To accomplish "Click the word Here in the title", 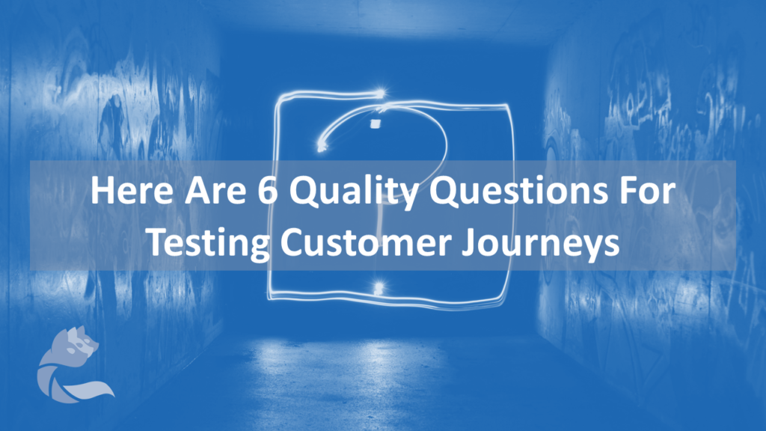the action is pos(132,191).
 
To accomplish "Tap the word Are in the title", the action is pos(215,191).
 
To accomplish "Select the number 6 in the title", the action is pos(268,191).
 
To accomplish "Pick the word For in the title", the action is pos(647,191).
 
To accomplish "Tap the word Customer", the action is pos(365,242).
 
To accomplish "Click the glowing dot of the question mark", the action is pos(379,288).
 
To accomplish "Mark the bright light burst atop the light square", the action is pos(379,92).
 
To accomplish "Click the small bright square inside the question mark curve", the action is pos(376,123).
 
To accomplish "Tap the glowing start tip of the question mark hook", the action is pos(322,146).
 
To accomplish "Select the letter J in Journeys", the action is pos(470,242).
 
